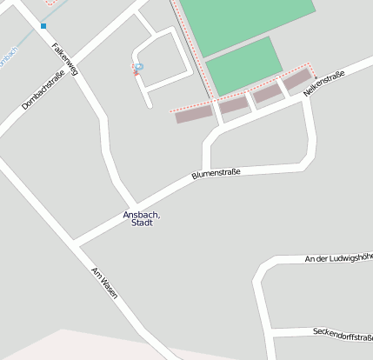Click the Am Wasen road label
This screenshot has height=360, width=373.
(x=103, y=283)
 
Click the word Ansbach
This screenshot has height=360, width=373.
(x=142, y=215)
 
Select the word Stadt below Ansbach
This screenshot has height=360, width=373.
(x=142, y=223)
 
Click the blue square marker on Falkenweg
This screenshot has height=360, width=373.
(x=43, y=26)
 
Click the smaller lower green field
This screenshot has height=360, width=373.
(x=244, y=66)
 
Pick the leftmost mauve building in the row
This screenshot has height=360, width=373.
(x=194, y=114)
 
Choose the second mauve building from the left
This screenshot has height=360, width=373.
(x=233, y=104)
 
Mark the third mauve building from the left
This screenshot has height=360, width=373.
(x=267, y=92)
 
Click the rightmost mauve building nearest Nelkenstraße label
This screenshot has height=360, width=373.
(x=296, y=79)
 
